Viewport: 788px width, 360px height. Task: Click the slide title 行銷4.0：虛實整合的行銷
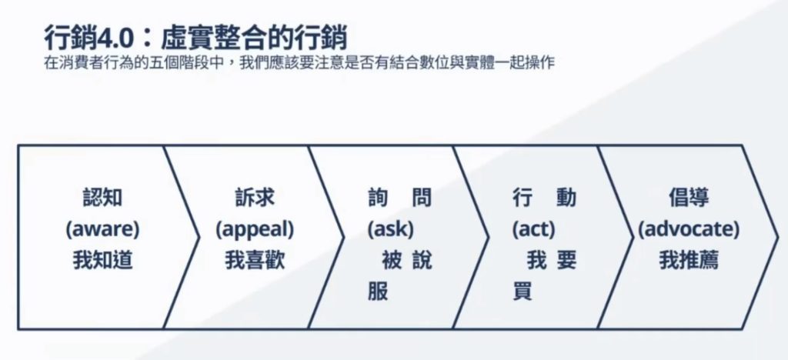(195, 38)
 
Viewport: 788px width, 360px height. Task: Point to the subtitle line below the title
(299, 63)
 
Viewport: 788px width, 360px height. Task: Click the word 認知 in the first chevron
(102, 198)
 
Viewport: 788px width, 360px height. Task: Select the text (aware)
(102, 229)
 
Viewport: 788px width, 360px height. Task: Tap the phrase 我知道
(102, 261)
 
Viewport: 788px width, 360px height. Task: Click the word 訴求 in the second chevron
(255, 198)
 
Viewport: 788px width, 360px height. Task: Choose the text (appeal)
(255, 229)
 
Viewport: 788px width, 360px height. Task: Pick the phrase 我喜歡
(255, 261)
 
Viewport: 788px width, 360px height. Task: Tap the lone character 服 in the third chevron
(377, 292)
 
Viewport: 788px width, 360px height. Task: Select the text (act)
(534, 229)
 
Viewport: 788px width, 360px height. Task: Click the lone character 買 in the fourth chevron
(523, 292)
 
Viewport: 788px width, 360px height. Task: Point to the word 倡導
(689, 198)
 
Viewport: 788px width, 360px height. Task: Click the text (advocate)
(689, 229)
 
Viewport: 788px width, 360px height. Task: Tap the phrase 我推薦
(689, 261)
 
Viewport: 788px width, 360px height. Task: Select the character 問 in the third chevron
(421, 198)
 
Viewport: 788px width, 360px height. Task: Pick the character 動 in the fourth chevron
(566, 198)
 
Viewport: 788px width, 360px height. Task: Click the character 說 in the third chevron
(421, 261)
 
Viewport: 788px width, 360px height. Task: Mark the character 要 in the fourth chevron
(566, 261)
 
